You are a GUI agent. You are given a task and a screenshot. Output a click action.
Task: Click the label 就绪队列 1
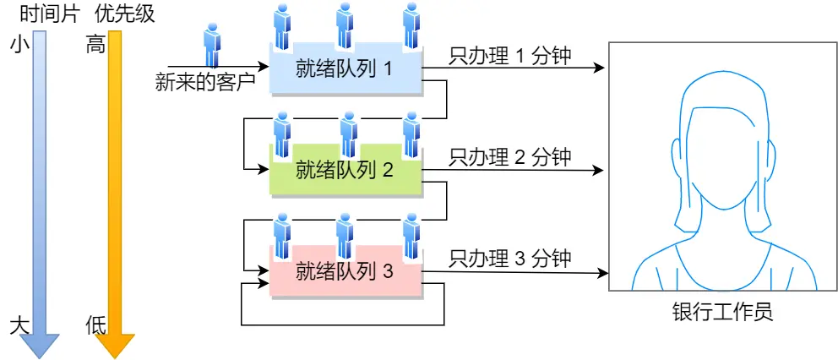[x=344, y=68]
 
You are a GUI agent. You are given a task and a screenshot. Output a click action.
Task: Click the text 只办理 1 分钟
[x=510, y=57]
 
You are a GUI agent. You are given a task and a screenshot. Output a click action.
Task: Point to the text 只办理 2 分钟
[x=510, y=156]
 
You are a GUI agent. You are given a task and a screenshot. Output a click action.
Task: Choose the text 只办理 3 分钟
[x=510, y=258]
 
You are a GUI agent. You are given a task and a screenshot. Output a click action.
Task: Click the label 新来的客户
[x=205, y=82]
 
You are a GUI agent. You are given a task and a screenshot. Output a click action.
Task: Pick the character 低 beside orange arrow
[x=95, y=325]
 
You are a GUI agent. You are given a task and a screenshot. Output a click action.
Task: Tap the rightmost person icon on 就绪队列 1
[x=411, y=25]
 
